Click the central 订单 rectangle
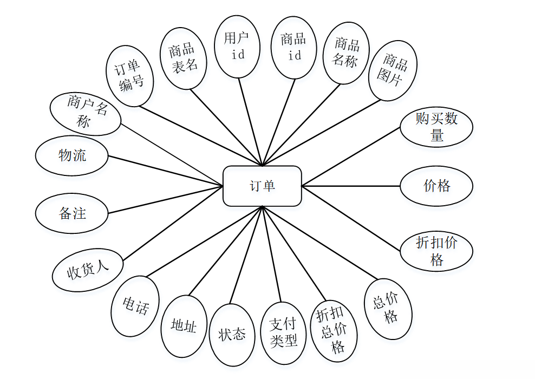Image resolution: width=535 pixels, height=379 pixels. point(262,186)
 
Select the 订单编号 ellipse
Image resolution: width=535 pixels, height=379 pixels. point(130,76)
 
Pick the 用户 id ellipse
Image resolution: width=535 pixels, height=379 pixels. point(238,47)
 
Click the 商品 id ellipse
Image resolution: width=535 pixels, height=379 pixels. point(293,47)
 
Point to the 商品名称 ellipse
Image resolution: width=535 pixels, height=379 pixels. point(346,53)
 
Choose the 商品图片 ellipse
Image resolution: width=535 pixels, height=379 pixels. point(394,70)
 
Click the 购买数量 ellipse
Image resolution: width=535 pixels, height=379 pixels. point(436,127)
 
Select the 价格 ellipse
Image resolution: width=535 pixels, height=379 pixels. point(436,186)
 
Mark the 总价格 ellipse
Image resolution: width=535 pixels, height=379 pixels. point(388,309)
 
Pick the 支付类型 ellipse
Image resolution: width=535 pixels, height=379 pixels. point(284,332)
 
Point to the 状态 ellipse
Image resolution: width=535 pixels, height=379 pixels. point(232,334)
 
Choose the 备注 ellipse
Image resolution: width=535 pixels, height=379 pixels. point(72,213)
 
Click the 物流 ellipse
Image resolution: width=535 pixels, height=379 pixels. point(72,156)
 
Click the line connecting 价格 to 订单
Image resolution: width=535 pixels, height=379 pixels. point(351,186)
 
